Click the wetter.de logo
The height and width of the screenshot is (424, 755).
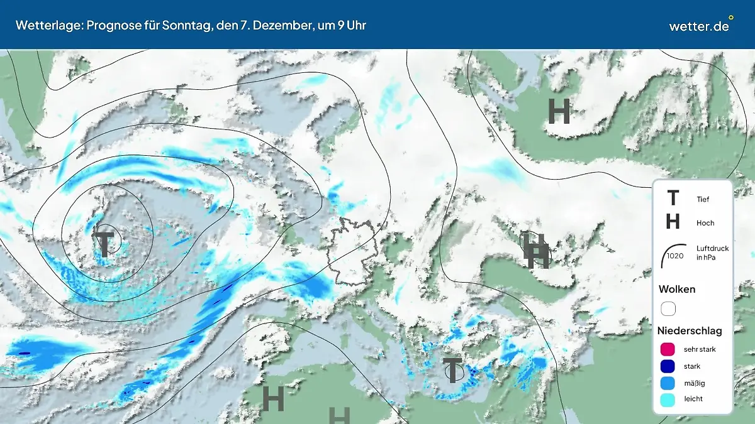pos(700,25)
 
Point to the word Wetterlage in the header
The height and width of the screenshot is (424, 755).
pos(43,25)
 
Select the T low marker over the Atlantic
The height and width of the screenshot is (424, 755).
pos(104,241)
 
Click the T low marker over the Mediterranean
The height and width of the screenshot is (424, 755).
pos(452,369)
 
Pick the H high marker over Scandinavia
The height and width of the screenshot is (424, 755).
pos(559,112)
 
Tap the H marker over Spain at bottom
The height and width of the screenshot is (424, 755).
pos(273,398)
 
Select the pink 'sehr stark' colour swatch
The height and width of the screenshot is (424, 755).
pos(668,349)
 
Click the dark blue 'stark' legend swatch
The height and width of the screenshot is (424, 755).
pos(668,366)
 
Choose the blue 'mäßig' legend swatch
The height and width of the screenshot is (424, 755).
pos(668,383)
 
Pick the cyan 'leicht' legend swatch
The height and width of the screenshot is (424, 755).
pos(668,399)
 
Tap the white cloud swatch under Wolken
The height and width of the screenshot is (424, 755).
pos(668,308)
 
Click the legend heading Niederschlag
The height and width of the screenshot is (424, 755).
pos(690,330)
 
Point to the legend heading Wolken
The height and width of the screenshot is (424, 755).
pos(677,289)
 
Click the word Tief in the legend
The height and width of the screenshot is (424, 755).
pos(703,199)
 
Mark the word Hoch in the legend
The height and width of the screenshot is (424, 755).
pos(705,223)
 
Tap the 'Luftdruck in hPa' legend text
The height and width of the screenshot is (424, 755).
pos(712,253)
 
